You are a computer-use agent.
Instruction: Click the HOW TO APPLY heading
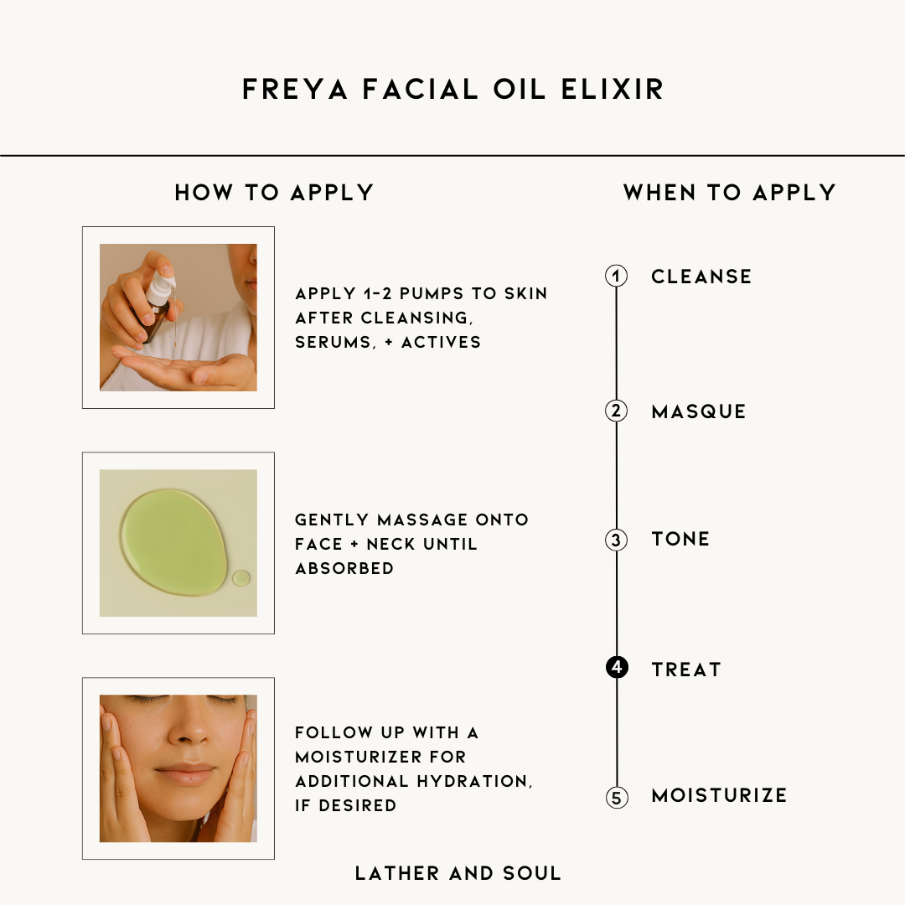pyautogui.click(x=274, y=193)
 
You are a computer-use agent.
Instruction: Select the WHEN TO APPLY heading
pyautogui.click(x=730, y=193)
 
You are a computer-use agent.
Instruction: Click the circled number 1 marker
pyautogui.click(x=617, y=277)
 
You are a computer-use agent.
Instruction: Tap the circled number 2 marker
pyautogui.click(x=617, y=411)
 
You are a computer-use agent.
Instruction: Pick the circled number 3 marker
pyautogui.click(x=617, y=540)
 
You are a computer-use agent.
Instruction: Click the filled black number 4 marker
pyautogui.click(x=617, y=668)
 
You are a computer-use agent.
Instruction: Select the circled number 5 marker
pyautogui.click(x=617, y=797)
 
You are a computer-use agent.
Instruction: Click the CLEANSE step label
pyautogui.click(x=701, y=277)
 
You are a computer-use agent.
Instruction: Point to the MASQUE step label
pyautogui.click(x=699, y=411)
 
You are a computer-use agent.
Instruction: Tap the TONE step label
pyautogui.click(x=680, y=539)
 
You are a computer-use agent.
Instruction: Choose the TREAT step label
pyautogui.click(x=686, y=669)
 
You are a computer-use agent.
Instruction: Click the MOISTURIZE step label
pyautogui.click(x=719, y=795)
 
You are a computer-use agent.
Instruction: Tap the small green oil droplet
pyautogui.click(x=241, y=577)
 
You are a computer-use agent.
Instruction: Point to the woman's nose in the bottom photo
pyautogui.click(x=190, y=729)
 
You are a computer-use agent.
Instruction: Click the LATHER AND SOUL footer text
pyautogui.click(x=458, y=873)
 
